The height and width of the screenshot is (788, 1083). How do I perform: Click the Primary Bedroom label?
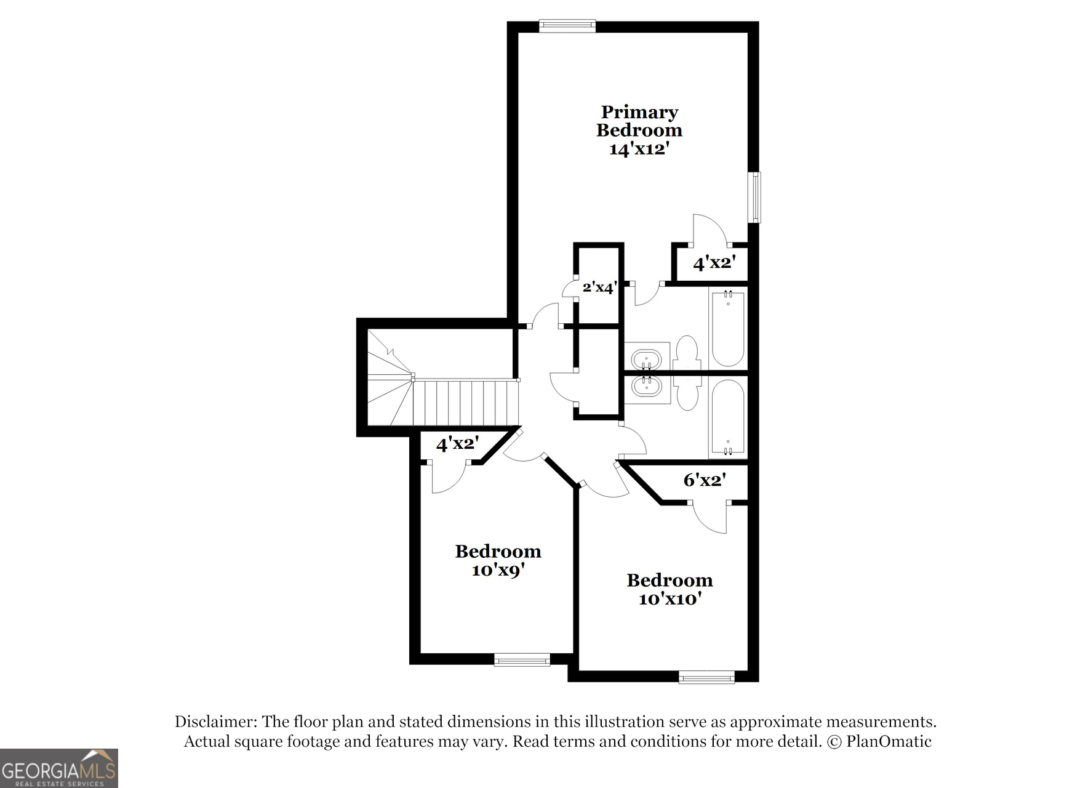coord(639,121)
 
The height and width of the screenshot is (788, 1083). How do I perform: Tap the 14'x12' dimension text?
coord(638,149)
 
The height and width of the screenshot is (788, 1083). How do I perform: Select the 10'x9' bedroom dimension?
coord(498,570)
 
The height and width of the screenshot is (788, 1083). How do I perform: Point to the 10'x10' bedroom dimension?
coord(670,599)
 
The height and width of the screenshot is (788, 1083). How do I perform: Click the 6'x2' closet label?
coord(705,480)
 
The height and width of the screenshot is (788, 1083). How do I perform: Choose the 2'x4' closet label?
coord(599,287)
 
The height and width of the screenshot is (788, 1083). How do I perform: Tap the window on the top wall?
coord(567,26)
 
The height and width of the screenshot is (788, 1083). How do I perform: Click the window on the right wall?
coord(755,197)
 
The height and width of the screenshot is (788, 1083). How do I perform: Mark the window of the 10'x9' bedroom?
coord(522,660)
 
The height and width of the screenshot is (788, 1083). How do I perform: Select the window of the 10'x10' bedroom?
coord(706,677)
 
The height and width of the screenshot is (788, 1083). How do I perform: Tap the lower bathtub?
coord(728,417)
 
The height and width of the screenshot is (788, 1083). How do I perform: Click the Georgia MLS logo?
coord(59,768)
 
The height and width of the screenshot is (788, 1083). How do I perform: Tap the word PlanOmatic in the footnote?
coord(889,741)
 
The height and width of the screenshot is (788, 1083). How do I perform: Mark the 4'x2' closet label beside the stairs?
coord(457,444)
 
